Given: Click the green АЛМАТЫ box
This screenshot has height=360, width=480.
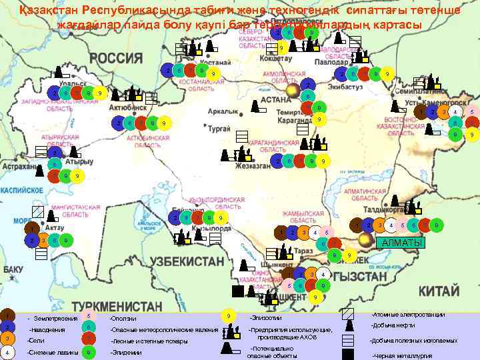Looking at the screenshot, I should [399, 242].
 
